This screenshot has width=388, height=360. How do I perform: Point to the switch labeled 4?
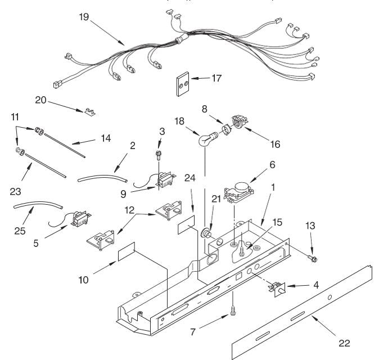click(x=277, y=290)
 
